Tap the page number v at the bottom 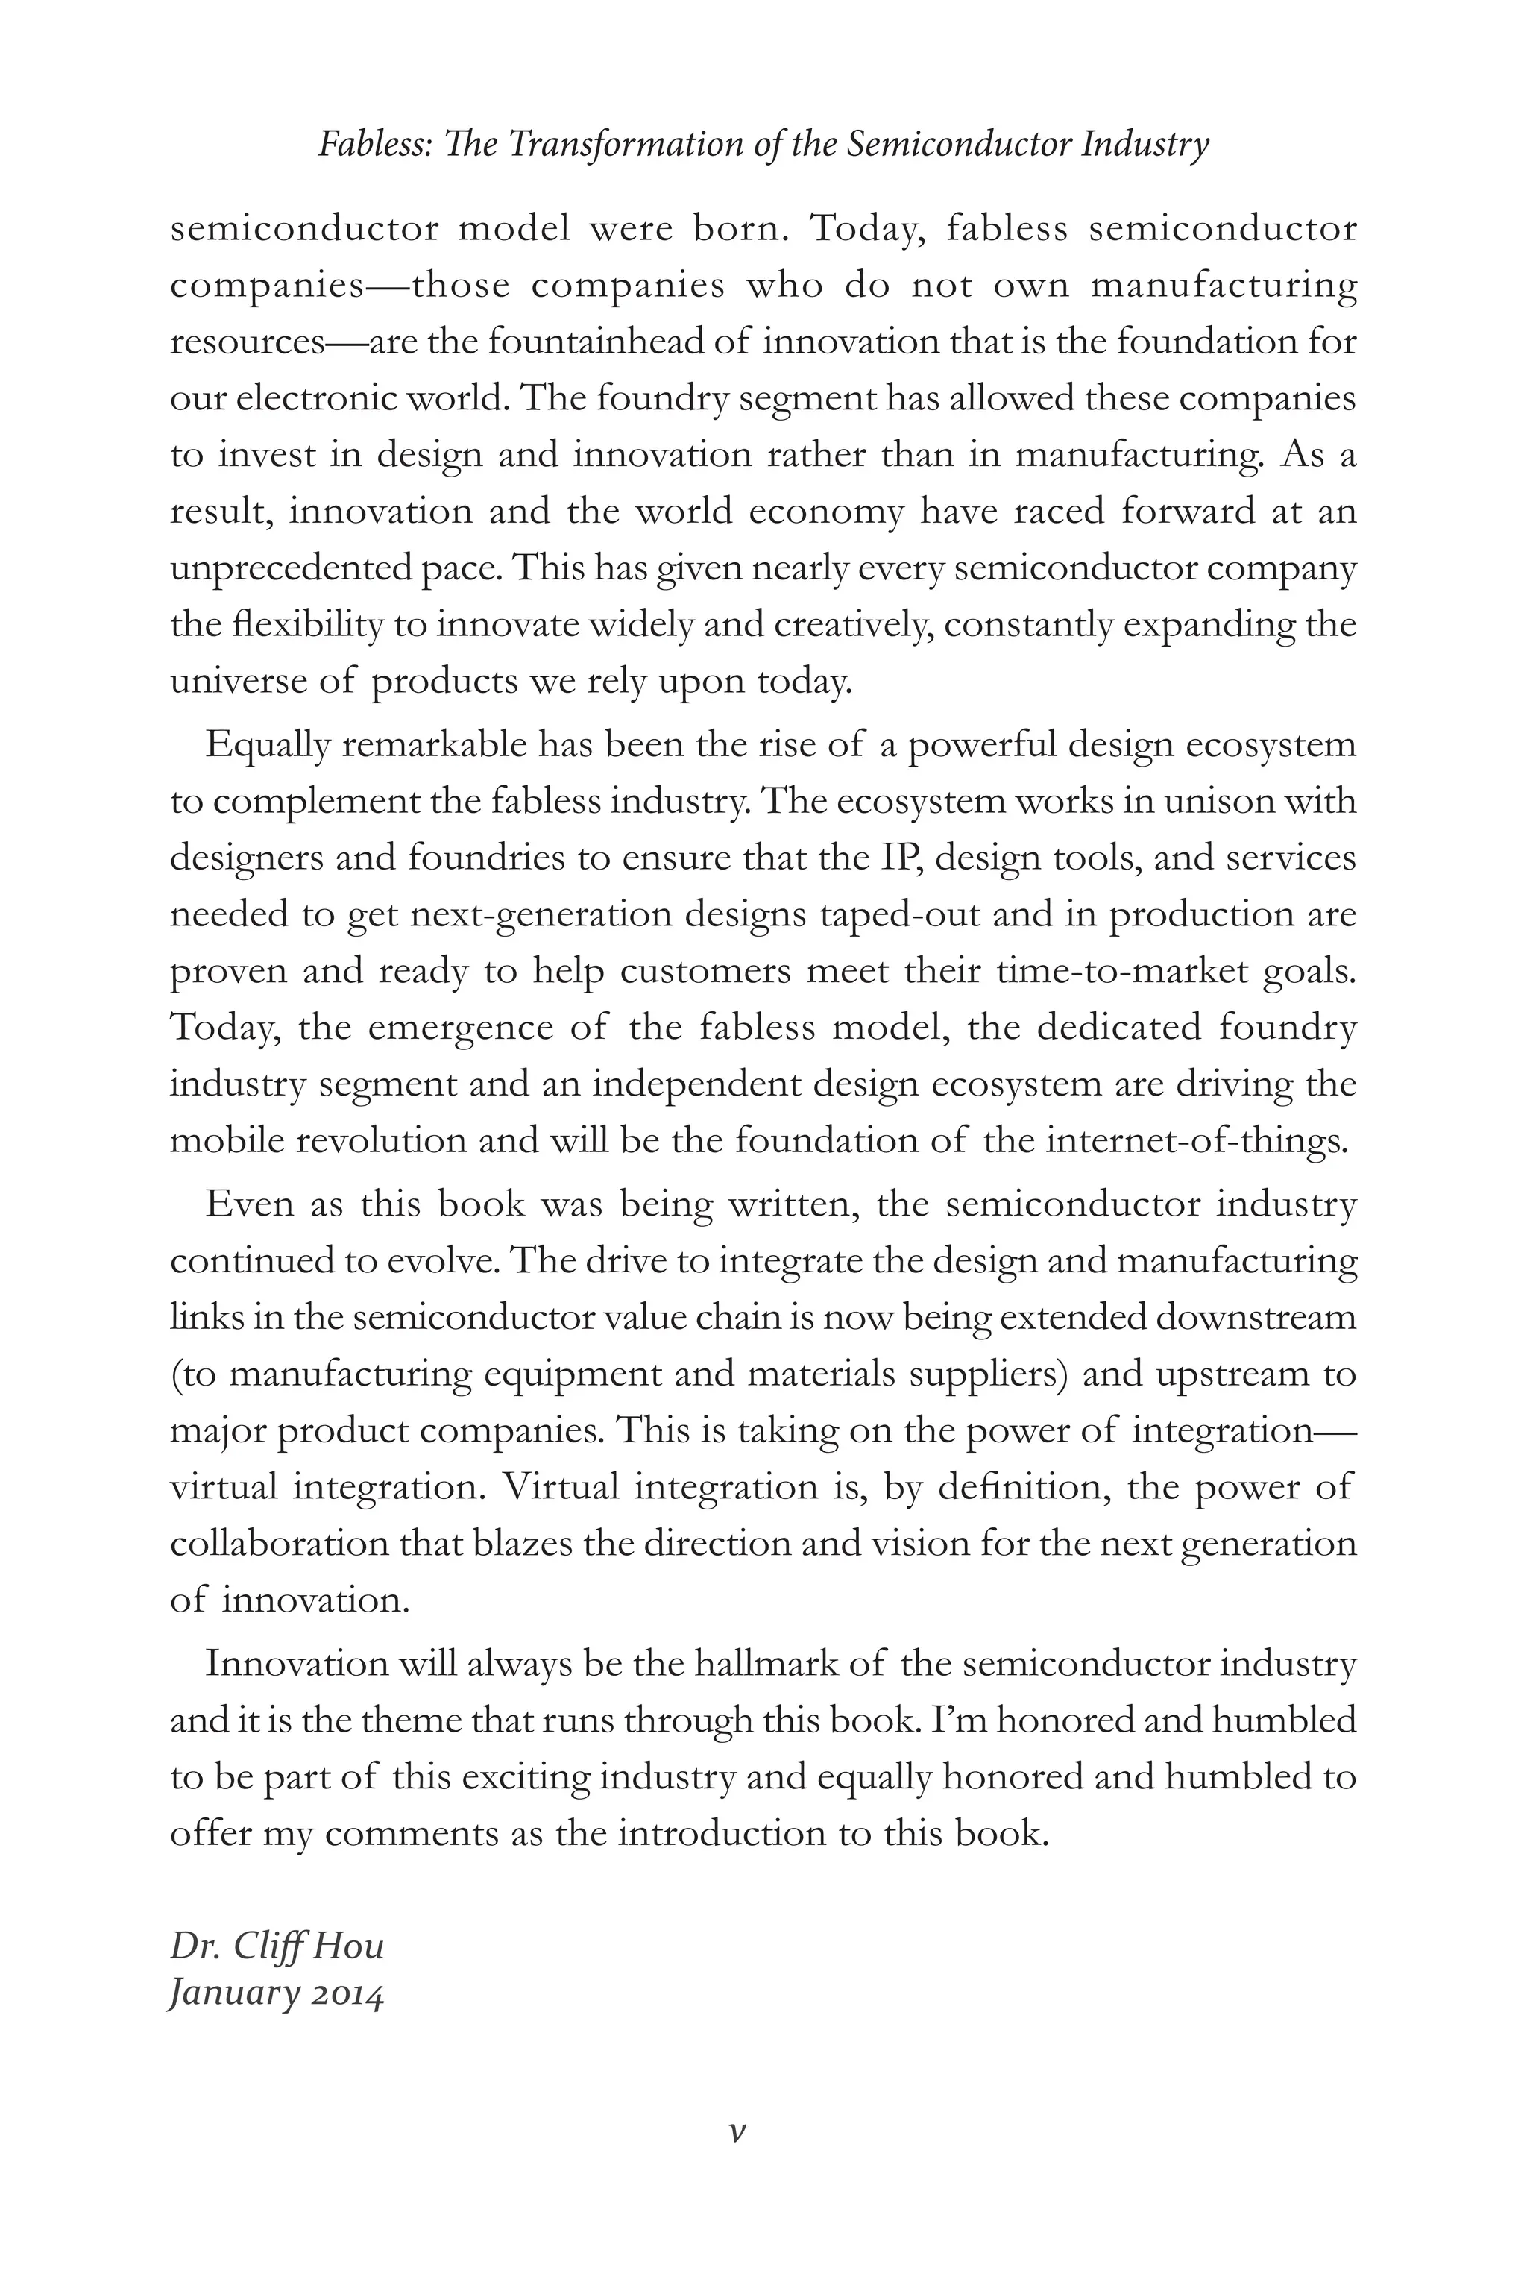click(x=737, y=2130)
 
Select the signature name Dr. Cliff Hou click(x=277, y=1945)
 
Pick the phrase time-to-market click(x=1123, y=971)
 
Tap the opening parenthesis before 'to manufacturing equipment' click(x=175, y=1374)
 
